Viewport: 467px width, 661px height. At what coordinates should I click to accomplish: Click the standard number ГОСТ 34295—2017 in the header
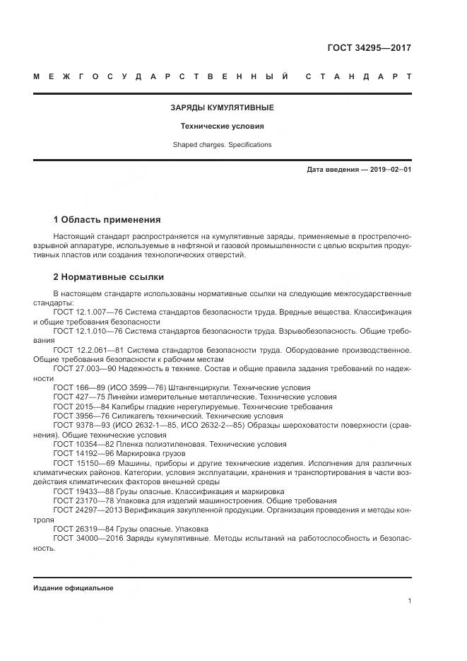coord(369,49)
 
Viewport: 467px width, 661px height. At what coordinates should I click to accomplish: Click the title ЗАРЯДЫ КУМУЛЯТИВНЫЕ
coord(222,107)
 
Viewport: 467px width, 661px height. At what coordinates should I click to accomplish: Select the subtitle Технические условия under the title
coord(222,127)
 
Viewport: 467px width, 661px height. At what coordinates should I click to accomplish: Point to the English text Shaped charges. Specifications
coord(222,145)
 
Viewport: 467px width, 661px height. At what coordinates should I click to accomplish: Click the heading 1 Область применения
coord(107,220)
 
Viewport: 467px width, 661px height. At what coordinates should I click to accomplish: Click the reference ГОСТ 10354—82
coord(80,445)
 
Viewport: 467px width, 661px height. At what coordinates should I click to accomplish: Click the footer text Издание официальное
coord(73,588)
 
